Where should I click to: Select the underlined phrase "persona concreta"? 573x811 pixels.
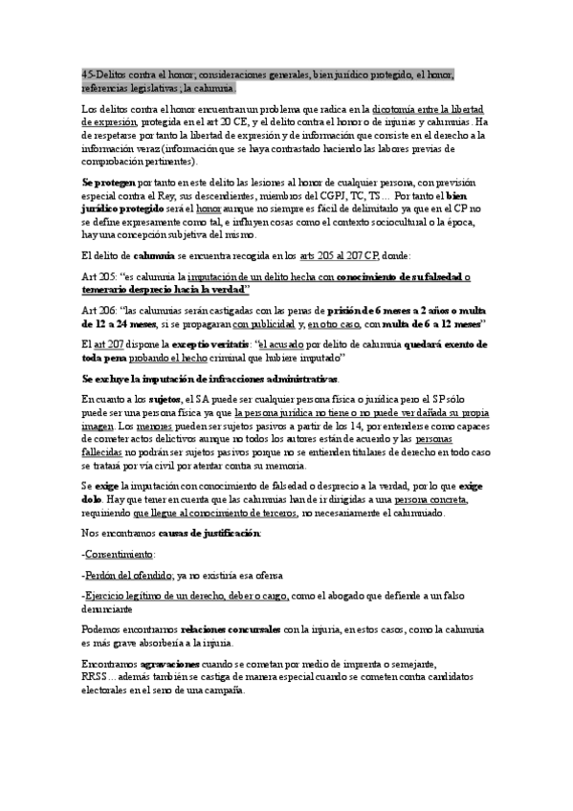431,498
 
